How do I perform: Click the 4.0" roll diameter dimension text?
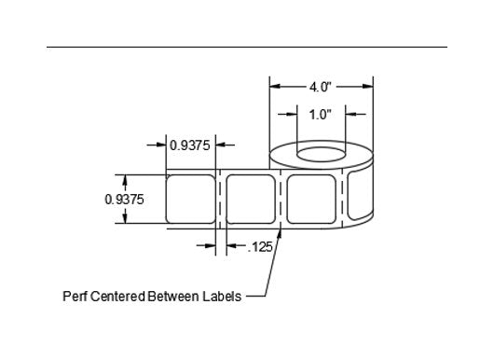tap(321, 87)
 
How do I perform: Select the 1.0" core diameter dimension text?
tap(321, 115)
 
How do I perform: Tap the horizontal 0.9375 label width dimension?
tap(189, 145)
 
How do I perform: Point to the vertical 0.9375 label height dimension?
tap(124, 200)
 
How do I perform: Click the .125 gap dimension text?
tap(260, 247)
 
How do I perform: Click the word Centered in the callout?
tap(117, 296)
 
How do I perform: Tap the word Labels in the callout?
tap(222, 296)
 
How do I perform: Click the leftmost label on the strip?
tap(190, 200)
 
